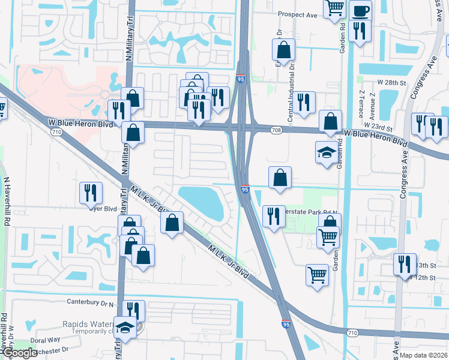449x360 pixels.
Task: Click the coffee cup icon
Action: pyautogui.click(x=360, y=10)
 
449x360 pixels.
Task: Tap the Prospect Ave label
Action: pyautogui.click(x=297, y=14)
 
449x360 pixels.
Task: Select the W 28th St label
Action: pyautogui.click(x=392, y=81)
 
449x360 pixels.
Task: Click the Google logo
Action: pyautogui.click(x=19, y=353)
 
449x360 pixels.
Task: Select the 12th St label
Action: pyautogui.click(x=424, y=278)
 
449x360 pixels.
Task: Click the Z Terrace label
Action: pyautogui.click(x=361, y=104)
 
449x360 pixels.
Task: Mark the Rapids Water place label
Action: pyautogui.click(x=88, y=324)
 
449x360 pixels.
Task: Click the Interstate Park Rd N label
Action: pyautogui.click(x=313, y=212)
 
